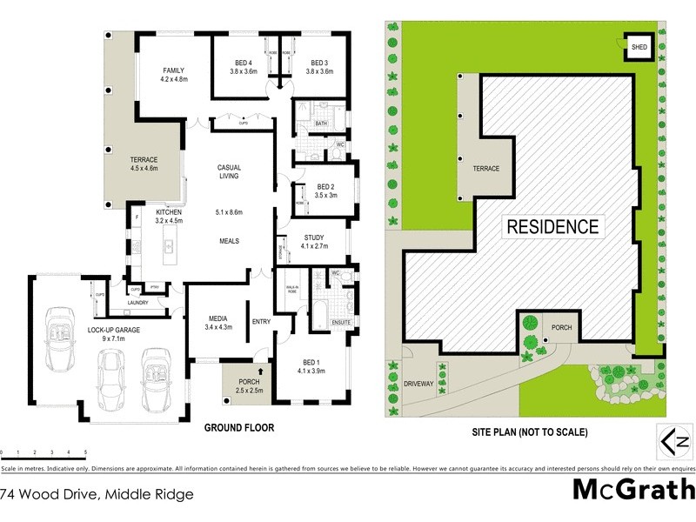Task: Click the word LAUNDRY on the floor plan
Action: coord(138,303)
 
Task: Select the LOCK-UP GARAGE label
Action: coord(114,331)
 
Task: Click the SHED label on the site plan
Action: coord(639,46)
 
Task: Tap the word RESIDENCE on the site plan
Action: coord(552,227)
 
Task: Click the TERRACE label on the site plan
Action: coord(486,168)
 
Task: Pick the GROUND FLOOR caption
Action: coord(239,428)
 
